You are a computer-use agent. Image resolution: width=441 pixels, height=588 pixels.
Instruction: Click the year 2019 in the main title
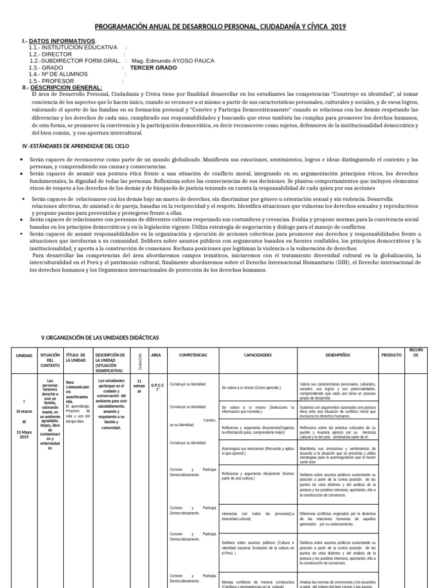[x=338, y=26]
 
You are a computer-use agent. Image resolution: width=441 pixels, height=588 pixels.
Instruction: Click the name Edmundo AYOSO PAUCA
[x=180, y=60]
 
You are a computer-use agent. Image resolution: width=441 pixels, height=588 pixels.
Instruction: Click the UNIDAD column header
[x=24, y=356]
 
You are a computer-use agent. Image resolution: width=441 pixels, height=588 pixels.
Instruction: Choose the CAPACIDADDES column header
[x=258, y=355]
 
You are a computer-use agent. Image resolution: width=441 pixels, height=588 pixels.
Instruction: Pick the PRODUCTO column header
[x=392, y=355]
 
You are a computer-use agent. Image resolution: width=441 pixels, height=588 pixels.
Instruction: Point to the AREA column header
[x=156, y=355]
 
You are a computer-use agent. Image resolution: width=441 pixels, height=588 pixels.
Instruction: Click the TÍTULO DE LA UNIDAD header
[x=76, y=358]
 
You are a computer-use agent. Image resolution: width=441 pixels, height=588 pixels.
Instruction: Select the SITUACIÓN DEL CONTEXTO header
[x=49, y=360]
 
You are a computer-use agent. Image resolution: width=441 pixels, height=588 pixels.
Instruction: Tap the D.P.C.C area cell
[x=158, y=386]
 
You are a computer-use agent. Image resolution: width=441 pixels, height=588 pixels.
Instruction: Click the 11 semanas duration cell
[x=139, y=386]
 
